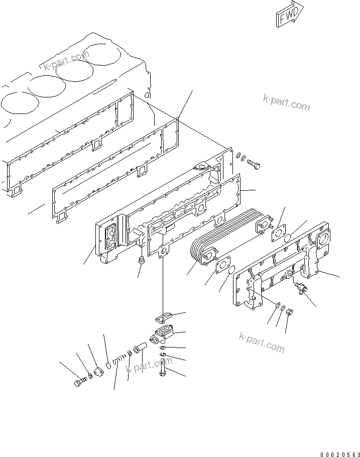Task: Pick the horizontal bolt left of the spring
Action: click(80, 384)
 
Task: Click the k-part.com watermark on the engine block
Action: click(66, 63)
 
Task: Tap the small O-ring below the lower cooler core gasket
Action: click(230, 272)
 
